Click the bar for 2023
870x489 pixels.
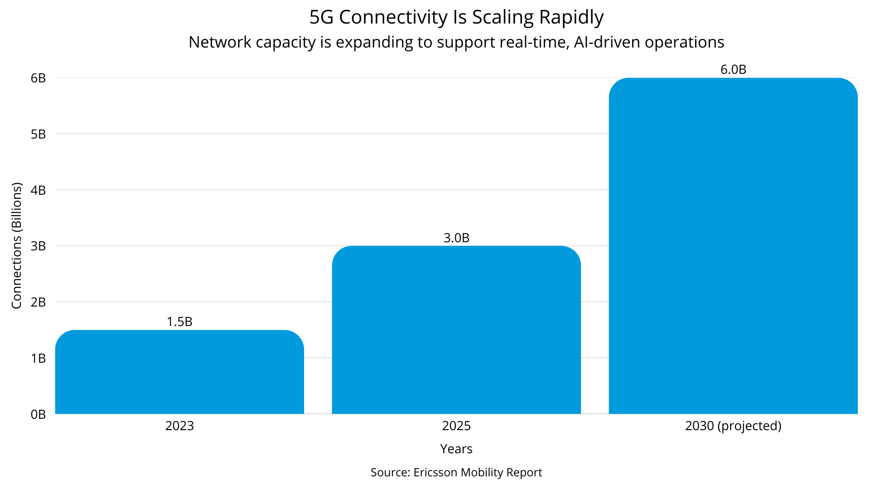(179, 372)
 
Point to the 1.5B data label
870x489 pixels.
(179, 321)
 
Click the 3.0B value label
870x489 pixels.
(456, 238)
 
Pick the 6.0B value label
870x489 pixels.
(733, 70)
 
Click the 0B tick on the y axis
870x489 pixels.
(39, 414)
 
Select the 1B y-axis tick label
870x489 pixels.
(39, 358)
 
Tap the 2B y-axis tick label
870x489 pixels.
(39, 302)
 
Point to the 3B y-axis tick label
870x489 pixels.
(39, 246)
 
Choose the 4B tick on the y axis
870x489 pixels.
(39, 190)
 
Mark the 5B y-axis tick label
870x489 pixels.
(39, 134)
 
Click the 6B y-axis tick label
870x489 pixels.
(39, 78)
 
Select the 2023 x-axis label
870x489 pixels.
(179, 426)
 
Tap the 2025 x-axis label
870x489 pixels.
(456, 426)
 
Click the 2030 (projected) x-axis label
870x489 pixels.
(733, 426)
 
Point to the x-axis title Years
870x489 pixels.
(456, 449)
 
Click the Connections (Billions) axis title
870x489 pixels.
(17, 246)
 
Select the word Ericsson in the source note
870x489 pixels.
(435, 472)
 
